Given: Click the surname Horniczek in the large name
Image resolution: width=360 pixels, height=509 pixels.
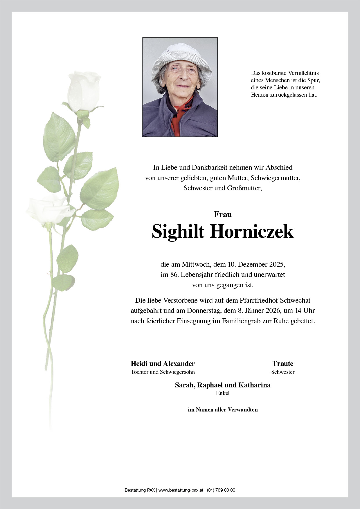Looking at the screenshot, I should (x=251, y=231).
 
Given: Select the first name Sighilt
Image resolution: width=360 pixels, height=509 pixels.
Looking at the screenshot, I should (x=178, y=231).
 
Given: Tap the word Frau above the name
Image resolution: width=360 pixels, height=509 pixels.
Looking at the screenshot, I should (x=223, y=214).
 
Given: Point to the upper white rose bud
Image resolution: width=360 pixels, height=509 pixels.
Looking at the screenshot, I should (x=84, y=91).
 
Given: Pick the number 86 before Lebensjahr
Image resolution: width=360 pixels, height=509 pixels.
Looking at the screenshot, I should (x=174, y=275).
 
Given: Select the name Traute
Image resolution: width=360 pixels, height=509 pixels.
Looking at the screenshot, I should (x=283, y=364).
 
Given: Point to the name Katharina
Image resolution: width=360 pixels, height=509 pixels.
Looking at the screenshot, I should (x=254, y=385).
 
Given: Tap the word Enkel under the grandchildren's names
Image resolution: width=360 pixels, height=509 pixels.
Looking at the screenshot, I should (x=223, y=393).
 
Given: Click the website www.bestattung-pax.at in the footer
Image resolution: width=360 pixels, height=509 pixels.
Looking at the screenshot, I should (x=181, y=490).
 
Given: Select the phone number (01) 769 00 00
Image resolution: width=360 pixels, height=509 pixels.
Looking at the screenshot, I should (x=221, y=490).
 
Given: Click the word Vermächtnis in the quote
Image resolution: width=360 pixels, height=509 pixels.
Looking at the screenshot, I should (x=303, y=73).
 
